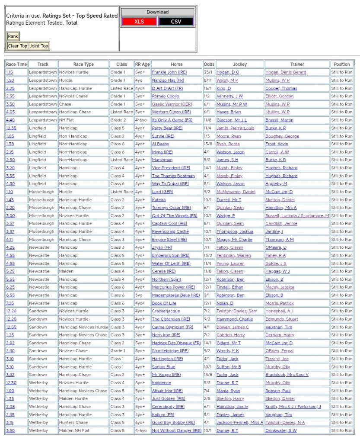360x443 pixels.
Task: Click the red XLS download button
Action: [139, 22]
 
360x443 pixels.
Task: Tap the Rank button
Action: [13, 36]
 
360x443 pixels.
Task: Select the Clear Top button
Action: [17, 46]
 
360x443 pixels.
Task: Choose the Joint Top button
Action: [39, 46]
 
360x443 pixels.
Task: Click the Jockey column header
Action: [240, 64]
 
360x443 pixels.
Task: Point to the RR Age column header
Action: [142, 64]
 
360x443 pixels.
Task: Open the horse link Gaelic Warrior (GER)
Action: [172, 104]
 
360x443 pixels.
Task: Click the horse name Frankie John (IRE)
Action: [169, 72]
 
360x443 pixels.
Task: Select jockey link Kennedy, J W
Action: [229, 96]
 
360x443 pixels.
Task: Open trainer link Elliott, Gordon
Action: [279, 96]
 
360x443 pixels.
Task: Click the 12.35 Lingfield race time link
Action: [11, 128]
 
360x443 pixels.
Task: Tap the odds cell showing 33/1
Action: [208, 72]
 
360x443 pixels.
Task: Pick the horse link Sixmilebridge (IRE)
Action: [170, 351]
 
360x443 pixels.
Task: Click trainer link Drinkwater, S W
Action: [281, 430]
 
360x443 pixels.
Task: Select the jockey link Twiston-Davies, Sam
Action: [237, 311]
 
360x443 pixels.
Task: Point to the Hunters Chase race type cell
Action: [73, 423]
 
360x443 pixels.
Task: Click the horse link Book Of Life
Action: [164, 303]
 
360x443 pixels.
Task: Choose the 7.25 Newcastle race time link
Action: [10, 303]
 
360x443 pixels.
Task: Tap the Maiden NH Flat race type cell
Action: [74, 430]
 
